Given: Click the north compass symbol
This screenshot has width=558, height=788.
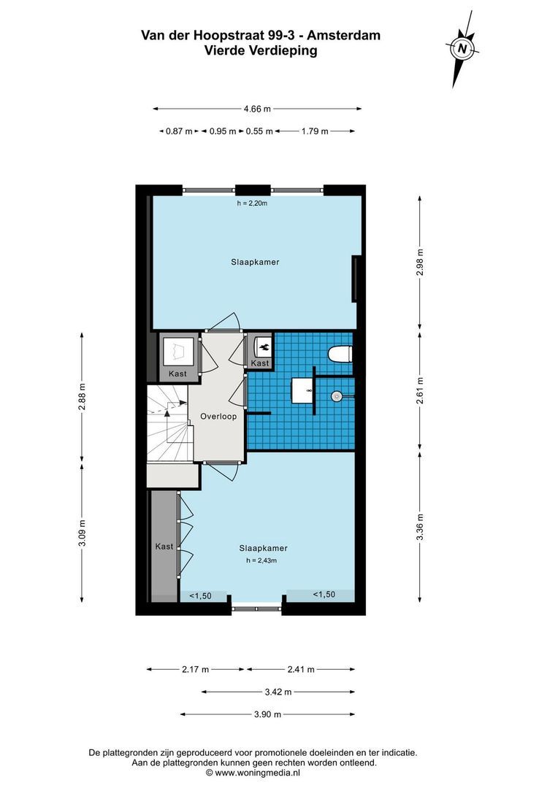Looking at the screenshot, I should (x=462, y=50).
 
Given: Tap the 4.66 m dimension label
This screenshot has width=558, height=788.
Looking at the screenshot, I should (x=257, y=109).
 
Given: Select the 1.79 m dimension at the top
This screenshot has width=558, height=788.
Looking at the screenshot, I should (x=314, y=131).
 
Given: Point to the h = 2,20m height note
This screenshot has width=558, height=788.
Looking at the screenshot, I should (x=252, y=204).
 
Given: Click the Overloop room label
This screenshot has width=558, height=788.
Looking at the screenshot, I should (x=217, y=417).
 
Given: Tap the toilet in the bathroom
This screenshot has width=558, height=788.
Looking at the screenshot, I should (x=340, y=355).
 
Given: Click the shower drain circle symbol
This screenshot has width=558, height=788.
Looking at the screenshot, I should (x=337, y=396).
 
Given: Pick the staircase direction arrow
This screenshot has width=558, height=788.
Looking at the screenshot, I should (x=168, y=414).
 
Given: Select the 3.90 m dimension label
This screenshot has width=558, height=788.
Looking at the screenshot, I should (x=267, y=715).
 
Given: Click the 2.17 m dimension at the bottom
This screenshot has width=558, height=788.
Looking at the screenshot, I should (x=196, y=669).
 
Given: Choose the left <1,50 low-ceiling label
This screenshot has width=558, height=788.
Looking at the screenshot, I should (x=200, y=595).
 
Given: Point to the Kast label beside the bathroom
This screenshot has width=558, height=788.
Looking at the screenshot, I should (x=260, y=363).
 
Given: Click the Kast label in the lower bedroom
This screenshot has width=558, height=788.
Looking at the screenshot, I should (x=164, y=546).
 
